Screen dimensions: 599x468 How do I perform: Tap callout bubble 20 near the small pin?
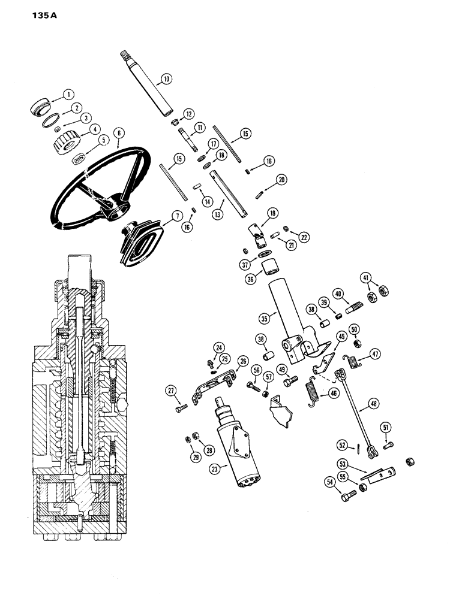coord(281,179)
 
